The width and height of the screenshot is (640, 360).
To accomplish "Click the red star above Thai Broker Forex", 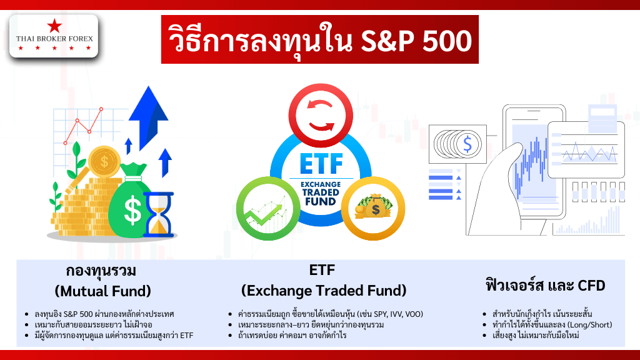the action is pyautogui.click(x=54, y=26).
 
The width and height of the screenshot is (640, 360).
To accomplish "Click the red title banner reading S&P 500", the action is pyautogui.click(x=319, y=39).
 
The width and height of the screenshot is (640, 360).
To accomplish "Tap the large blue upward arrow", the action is pyautogui.click(x=148, y=117).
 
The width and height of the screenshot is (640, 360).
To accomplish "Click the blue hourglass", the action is pyautogui.click(x=158, y=215).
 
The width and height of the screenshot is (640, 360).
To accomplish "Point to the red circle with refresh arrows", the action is pyautogui.click(x=321, y=116).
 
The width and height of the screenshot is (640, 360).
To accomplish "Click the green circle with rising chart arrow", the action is pyautogui.click(x=268, y=209).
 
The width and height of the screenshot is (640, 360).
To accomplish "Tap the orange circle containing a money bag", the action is pyautogui.click(x=373, y=209).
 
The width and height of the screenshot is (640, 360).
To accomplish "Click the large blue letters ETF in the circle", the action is pyautogui.click(x=321, y=164).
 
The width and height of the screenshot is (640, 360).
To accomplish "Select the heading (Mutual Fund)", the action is pyautogui.click(x=103, y=291).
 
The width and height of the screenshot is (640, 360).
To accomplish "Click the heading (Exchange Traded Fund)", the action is pyautogui.click(x=324, y=291).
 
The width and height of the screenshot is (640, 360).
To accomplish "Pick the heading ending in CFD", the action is pyautogui.click(x=545, y=285).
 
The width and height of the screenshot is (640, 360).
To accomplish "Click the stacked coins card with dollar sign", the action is pyautogui.click(x=457, y=144).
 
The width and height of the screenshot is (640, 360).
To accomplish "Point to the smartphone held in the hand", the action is pyautogui.click(x=534, y=163).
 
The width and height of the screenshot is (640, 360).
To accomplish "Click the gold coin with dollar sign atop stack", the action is pyautogui.click(x=104, y=162).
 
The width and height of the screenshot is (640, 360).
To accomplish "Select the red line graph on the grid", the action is pyautogui.click(x=84, y=126).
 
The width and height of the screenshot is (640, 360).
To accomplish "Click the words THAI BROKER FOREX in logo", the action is pyautogui.click(x=55, y=39).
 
